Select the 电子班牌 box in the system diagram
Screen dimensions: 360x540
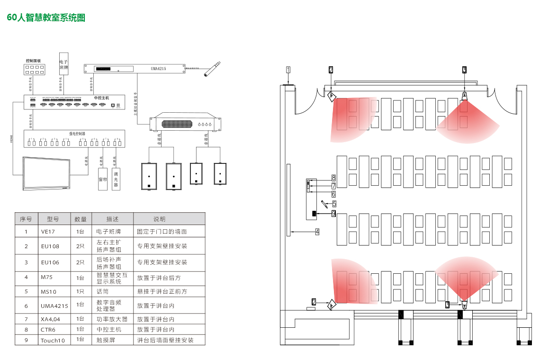tap(63, 64)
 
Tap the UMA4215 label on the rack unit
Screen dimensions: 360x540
tap(159, 69)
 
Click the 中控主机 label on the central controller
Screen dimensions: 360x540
tap(101, 98)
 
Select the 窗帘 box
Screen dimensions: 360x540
tap(103, 179)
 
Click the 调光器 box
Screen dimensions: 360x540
tap(116, 179)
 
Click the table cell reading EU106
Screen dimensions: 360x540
tap(50, 262)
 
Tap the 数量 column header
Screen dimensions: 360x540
tap(81, 219)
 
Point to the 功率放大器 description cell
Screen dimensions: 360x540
tap(112, 319)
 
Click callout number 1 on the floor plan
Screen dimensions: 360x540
tap(288, 70)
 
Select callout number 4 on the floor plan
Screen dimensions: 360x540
tap(317, 232)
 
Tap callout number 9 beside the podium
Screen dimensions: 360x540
tap(333, 214)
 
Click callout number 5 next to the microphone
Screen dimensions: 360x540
tap(334, 204)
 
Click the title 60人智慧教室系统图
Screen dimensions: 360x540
tap(46, 18)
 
